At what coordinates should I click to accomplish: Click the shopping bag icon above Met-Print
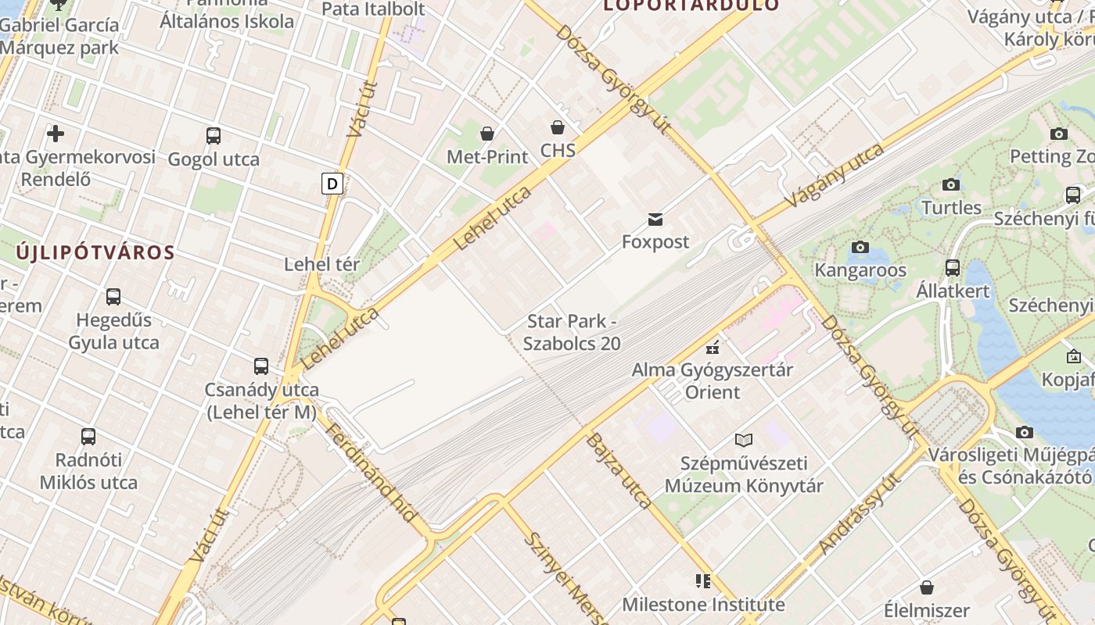(x=487, y=134)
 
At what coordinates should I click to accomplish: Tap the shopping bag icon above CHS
(x=558, y=127)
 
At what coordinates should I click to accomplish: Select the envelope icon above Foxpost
(x=655, y=220)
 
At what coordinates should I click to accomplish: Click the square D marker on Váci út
(x=332, y=184)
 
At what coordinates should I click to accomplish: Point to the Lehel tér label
(x=321, y=264)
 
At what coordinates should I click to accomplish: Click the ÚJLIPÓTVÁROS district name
(x=95, y=252)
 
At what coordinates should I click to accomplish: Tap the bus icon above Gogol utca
(x=214, y=136)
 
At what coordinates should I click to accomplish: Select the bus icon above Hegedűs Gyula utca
(x=113, y=297)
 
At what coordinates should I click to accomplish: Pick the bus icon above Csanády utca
(x=261, y=366)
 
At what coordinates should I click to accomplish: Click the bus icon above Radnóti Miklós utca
(x=88, y=436)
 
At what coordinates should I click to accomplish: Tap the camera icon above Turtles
(x=951, y=185)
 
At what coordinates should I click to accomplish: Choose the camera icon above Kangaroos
(x=860, y=248)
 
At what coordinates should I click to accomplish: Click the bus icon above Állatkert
(x=953, y=268)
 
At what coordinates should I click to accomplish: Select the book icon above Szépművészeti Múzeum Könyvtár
(x=744, y=441)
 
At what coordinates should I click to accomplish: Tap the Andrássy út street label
(x=857, y=516)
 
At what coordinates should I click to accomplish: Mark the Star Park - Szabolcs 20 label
(x=572, y=332)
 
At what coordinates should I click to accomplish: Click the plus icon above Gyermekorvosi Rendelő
(x=56, y=134)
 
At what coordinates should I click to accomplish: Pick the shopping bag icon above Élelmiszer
(x=927, y=587)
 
